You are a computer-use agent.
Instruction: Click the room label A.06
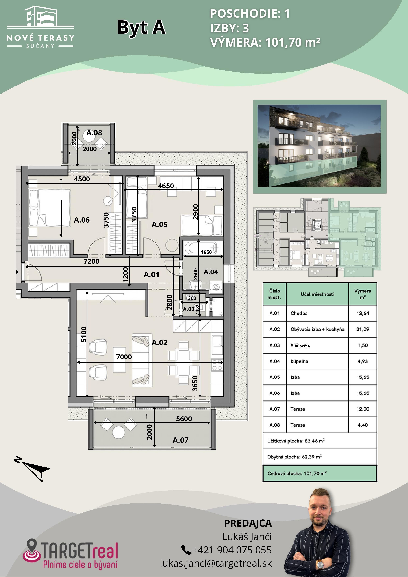tap(82, 220)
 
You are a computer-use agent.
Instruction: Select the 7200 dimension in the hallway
tap(91, 261)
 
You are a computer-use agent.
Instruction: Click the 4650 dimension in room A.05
tap(166, 186)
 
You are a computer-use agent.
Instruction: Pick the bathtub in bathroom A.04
tap(203, 248)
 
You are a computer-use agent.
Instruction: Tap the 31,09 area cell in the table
tap(362, 329)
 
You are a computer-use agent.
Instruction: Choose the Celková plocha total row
tap(320, 473)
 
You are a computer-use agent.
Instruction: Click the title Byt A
tap(142, 28)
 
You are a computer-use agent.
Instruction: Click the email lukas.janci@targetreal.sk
tap(216, 563)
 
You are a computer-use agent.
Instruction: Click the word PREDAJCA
tap(248, 523)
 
